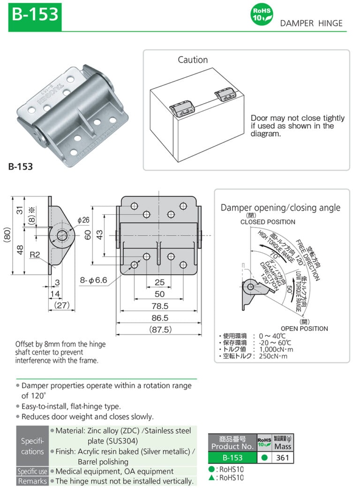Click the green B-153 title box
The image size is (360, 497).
pos(35,15)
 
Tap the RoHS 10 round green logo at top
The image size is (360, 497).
pos(262,15)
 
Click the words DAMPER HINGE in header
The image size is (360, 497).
pos(311,23)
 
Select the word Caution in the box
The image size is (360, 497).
pos(192,60)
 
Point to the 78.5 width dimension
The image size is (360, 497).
pos(159,306)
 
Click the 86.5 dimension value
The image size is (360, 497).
pos(159,318)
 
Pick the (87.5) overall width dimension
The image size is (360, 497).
pos(159,330)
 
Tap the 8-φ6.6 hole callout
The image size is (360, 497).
pos(94,281)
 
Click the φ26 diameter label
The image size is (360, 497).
pos(83,220)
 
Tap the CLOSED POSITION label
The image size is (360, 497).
pos(268,222)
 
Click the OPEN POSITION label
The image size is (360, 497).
pos(304,328)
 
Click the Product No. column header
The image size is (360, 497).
pos(232,443)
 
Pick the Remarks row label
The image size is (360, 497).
pos(32,481)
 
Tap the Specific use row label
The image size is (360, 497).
pos(32,471)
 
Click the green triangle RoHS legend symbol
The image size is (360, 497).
pos(212,477)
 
